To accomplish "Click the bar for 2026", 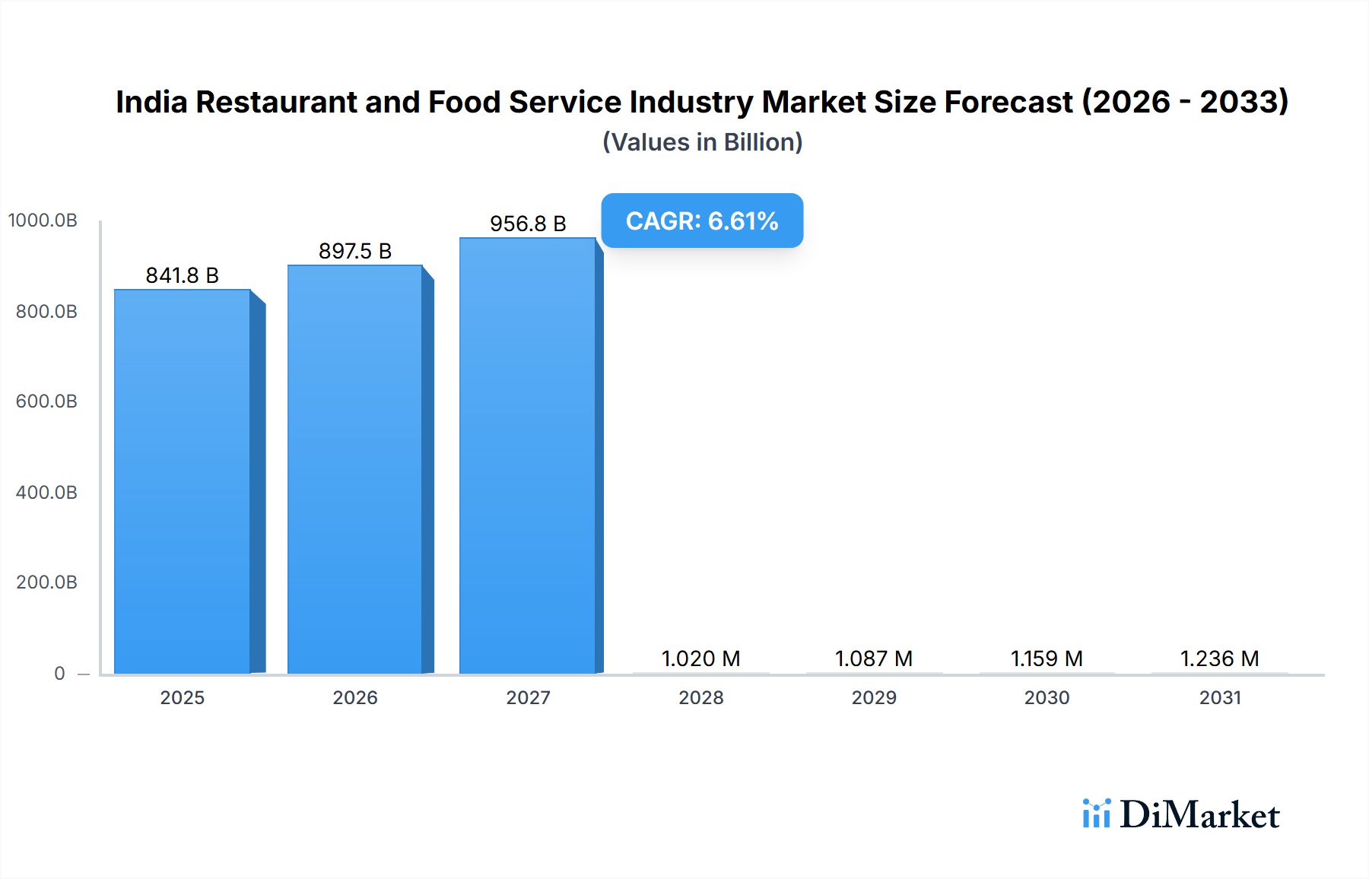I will coord(355,469).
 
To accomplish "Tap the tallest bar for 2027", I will coord(528,455).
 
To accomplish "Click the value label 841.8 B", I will coord(183,275).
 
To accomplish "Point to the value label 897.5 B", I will coord(355,251).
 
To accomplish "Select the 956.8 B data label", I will coord(528,224).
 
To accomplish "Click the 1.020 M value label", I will coord(700,658).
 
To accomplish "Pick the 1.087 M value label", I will coord(874,658).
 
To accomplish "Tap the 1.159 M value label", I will coord(1047,658).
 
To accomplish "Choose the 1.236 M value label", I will coord(1219,658).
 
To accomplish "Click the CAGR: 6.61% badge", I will coord(702,221).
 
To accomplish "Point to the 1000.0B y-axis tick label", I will coord(43,221).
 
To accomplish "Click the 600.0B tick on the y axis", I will coord(46,401).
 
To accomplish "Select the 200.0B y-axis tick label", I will coord(46,582).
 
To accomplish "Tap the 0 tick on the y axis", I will coord(59,674).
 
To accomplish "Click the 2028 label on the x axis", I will coord(700,697).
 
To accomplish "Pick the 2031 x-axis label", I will coord(1220,697).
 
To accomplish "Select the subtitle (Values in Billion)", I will coord(703,142).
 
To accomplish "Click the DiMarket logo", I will coord(1181,814).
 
